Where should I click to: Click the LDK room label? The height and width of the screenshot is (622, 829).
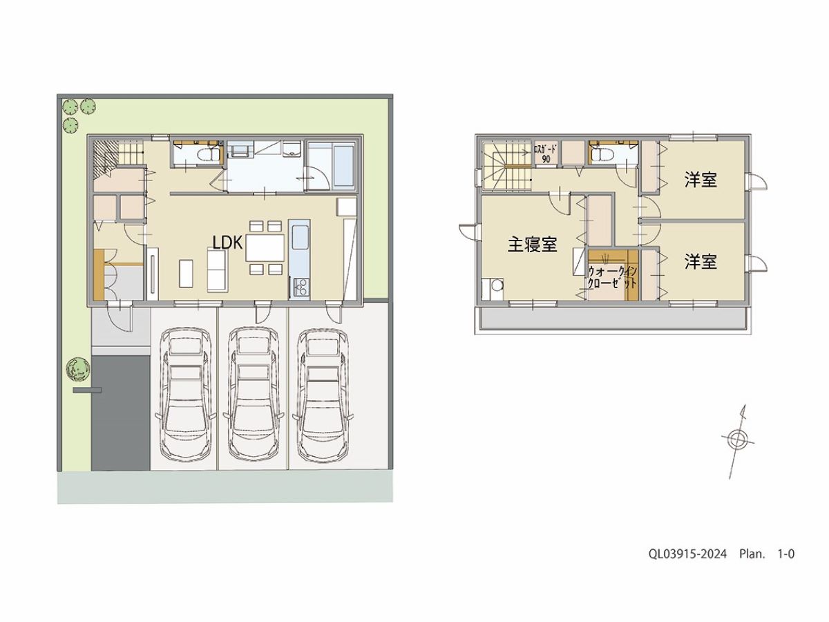[x=228, y=243]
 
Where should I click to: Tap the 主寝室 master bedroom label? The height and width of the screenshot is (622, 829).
[x=532, y=245]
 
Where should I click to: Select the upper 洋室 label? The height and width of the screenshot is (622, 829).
[x=701, y=180]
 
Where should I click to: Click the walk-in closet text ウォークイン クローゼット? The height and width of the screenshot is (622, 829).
[x=613, y=277]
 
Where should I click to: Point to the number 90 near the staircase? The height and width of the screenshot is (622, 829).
[x=546, y=160]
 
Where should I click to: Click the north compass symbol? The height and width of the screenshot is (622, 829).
[x=737, y=440]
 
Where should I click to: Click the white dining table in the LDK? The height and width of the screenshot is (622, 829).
[x=265, y=247]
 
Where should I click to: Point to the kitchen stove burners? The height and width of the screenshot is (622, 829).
[x=301, y=288]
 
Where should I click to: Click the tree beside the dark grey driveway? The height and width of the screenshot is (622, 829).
[x=78, y=369]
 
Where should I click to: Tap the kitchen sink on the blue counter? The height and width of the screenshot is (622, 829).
[x=301, y=237]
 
